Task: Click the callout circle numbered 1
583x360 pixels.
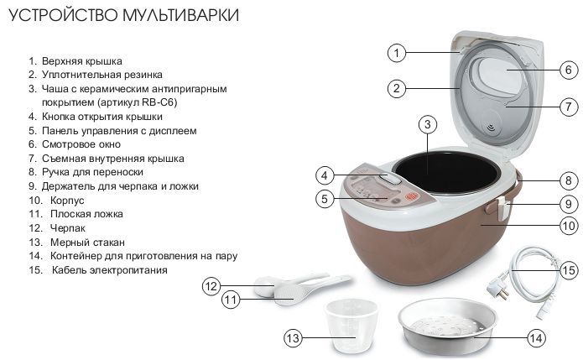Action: click(x=396, y=53)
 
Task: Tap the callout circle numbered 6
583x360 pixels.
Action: click(x=569, y=70)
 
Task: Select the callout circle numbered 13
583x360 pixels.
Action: click(x=293, y=338)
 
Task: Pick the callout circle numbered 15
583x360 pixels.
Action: click(x=569, y=270)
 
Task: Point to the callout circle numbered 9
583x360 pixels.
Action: click(x=569, y=204)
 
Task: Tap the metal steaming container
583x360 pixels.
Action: click(x=446, y=323)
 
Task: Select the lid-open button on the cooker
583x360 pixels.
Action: click(x=390, y=179)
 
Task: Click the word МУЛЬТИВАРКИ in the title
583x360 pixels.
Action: click(x=180, y=15)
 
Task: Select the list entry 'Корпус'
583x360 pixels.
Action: click(x=67, y=200)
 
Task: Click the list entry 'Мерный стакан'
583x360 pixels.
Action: click(x=88, y=243)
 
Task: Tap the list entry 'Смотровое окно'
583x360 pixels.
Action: click(x=81, y=144)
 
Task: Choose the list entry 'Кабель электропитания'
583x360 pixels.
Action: click(x=109, y=270)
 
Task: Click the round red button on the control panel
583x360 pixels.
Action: click(x=412, y=196)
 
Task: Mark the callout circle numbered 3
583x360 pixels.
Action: click(x=427, y=124)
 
